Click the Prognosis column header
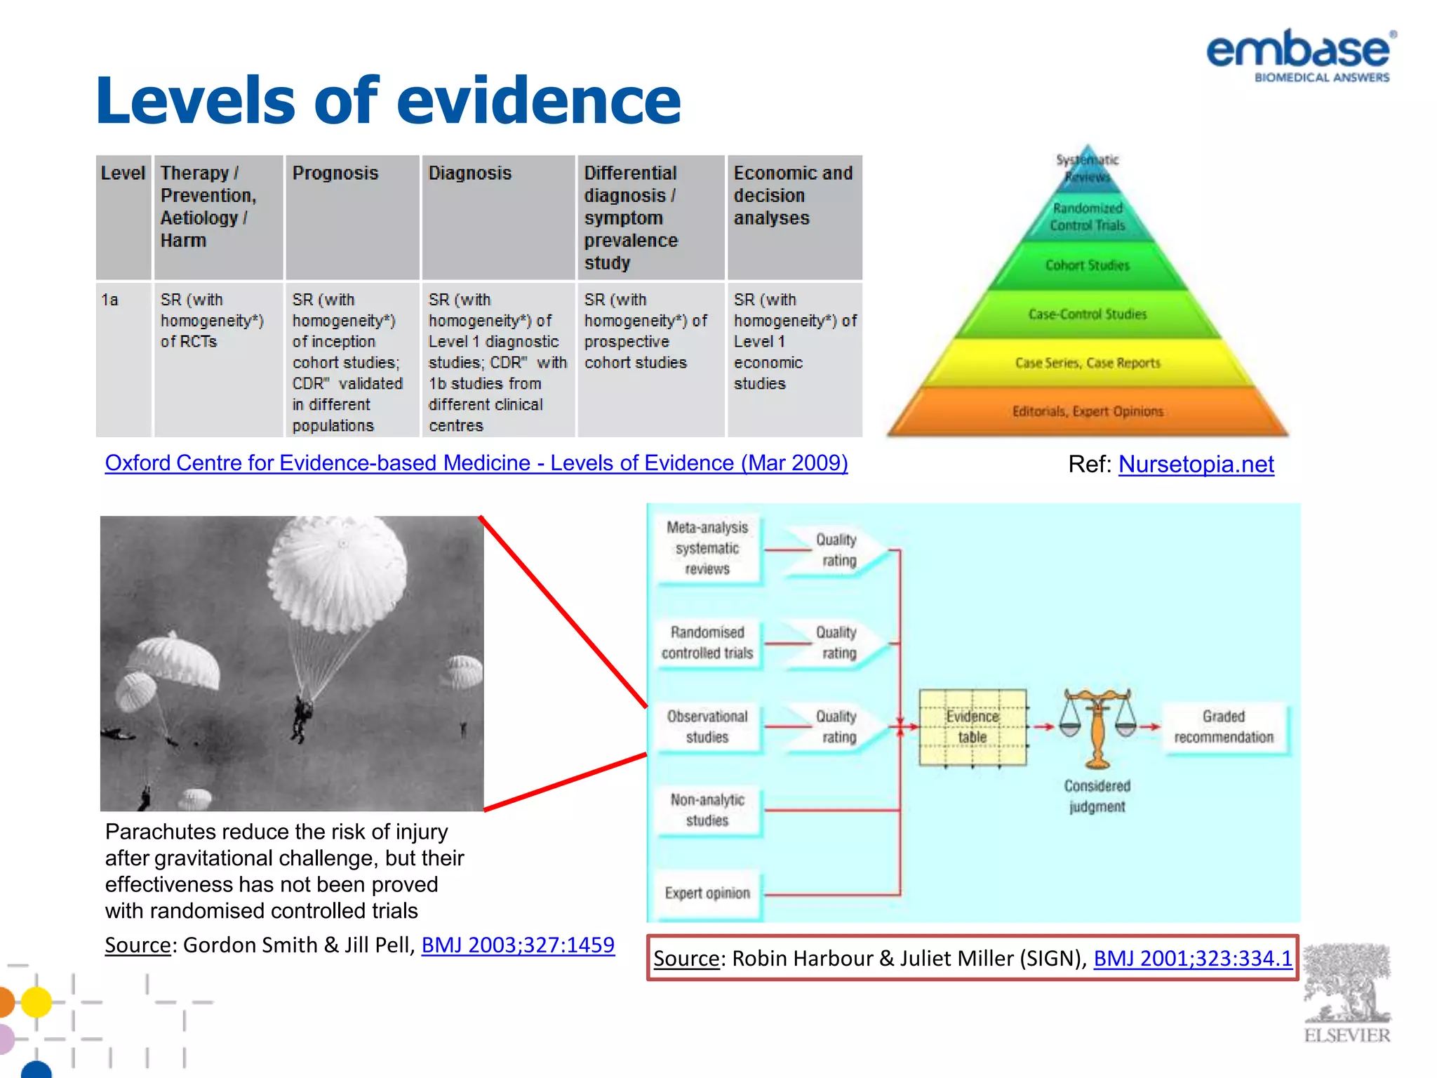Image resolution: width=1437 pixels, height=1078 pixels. [335, 173]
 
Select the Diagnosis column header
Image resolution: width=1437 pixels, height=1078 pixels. [470, 173]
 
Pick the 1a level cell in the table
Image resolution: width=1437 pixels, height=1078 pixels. [110, 300]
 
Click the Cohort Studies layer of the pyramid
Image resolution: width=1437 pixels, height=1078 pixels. [1088, 265]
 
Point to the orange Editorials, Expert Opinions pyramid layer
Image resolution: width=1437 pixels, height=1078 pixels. [1088, 411]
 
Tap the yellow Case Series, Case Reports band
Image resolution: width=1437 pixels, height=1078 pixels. [1088, 363]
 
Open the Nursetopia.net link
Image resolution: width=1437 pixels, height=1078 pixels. [1196, 464]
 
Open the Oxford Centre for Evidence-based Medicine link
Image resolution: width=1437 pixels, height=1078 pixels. [476, 463]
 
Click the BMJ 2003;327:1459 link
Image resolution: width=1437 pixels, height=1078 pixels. [518, 945]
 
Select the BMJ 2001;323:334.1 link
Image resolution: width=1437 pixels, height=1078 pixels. [1192, 959]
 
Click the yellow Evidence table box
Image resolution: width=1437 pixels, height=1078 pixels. [973, 727]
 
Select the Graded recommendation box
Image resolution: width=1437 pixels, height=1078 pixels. [1224, 727]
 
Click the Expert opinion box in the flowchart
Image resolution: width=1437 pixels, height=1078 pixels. [707, 893]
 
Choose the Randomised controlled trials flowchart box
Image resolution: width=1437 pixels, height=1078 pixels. [707, 643]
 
